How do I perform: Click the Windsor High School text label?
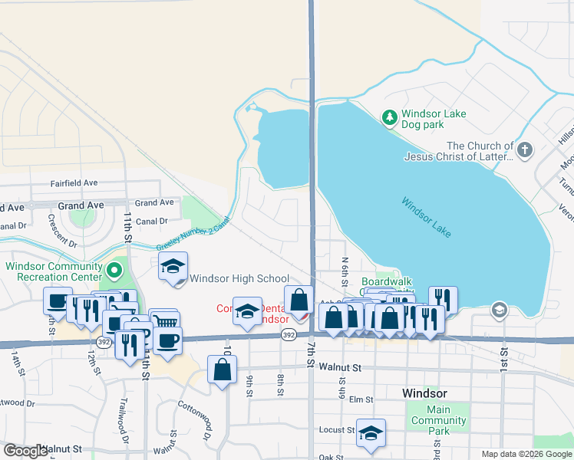pyautogui.click(x=239, y=279)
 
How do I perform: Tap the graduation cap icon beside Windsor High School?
pyautogui.click(x=173, y=267)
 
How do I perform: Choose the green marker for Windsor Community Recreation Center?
pyautogui.click(x=114, y=270)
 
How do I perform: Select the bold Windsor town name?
pyautogui.click(x=424, y=393)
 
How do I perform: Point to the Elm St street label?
pyautogui.click(x=361, y=399)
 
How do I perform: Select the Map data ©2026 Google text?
pyautogui.click(x=526, y=454)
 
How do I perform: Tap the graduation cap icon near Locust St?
pyautogui.click(x=371, y=433)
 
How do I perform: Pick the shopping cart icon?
pyautogui.click(x=164, y=323)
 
